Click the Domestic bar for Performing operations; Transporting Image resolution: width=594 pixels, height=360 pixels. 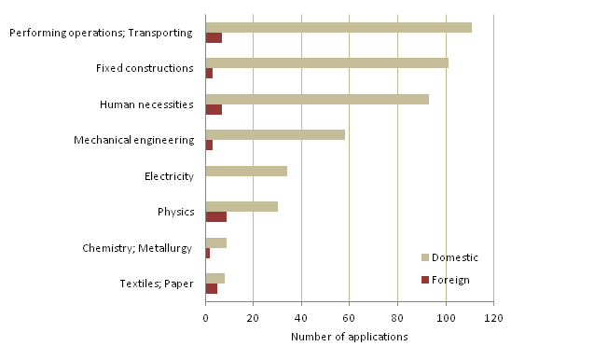(x=338, y=27)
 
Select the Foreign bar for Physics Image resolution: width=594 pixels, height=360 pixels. (x=215, y=217)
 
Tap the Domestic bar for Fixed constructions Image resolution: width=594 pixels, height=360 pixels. (x=326, y=62)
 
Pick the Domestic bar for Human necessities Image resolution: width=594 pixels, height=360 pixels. (x=317, y=99)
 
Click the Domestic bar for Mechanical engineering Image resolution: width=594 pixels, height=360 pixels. (x=275, y=134)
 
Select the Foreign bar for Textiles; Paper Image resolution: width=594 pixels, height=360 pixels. (x=211, y=289)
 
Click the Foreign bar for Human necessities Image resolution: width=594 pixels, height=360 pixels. (x=214, y=110)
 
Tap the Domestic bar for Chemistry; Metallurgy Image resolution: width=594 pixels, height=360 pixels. (x=215, y=242)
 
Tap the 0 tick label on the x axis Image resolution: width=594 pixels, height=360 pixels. (x=205, y=317)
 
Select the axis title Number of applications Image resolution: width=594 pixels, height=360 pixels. (x=349, y=337)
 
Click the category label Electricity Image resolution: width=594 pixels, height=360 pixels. (x=169, y=176)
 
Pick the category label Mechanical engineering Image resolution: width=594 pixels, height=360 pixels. (x=133, y=140)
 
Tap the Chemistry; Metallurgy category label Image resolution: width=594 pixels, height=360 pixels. (x=137, y=247)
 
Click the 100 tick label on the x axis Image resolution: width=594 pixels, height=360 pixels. (x=445, y=317)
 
